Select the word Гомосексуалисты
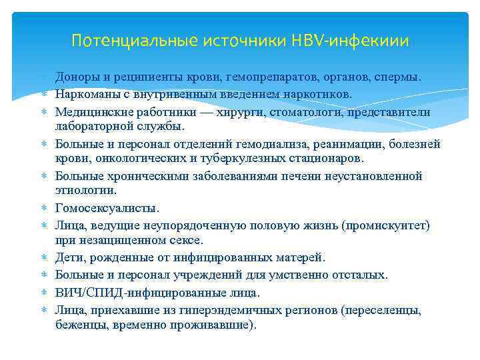(x=107, y=208)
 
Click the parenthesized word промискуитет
(x=385, y=225)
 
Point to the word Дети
(x=69, y=257)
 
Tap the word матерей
(x=302, y=257)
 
